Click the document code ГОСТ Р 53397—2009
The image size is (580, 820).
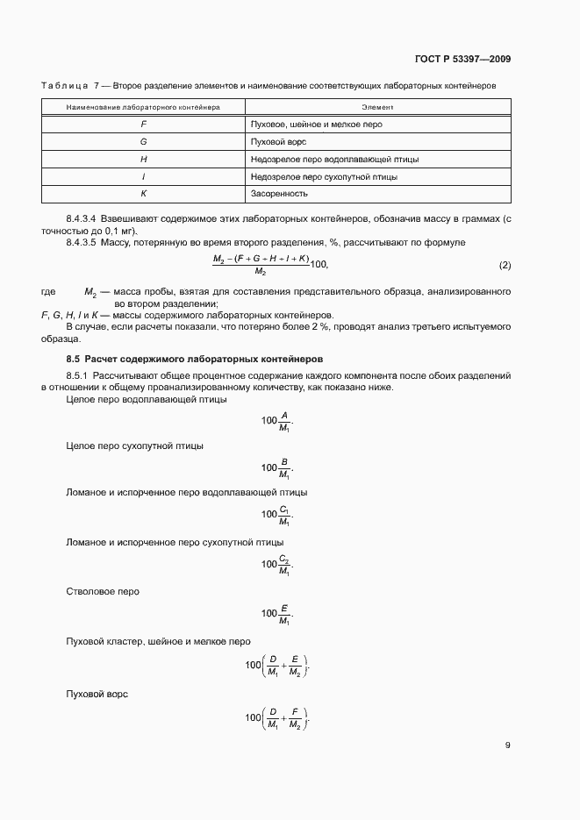(462, 60)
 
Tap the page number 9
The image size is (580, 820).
(508, 745)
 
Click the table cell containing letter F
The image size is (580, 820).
(143, 125)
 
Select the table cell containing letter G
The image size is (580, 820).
(143, 141)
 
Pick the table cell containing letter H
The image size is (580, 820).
(143, 159)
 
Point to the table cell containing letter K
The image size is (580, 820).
(143, 194)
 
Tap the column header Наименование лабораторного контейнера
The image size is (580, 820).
(143, 107)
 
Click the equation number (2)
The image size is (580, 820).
(505, 265)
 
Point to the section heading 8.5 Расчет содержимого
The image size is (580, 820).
(195, 359)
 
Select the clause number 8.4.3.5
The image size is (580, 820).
(82, 241)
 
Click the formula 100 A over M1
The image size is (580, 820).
(277, 421)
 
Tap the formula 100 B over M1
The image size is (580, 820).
(277, 467)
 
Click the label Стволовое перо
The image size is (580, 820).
(103, 591)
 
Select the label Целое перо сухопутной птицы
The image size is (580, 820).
(135, 446)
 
